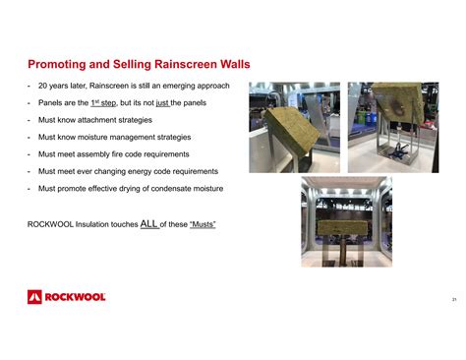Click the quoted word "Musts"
[197, 224]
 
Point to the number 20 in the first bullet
[42, 86]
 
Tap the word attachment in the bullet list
[99, 120]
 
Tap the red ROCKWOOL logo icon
[33, 297]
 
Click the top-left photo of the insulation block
[292, 127]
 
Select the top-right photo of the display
[385, 127]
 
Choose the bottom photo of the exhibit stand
[345, 221]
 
